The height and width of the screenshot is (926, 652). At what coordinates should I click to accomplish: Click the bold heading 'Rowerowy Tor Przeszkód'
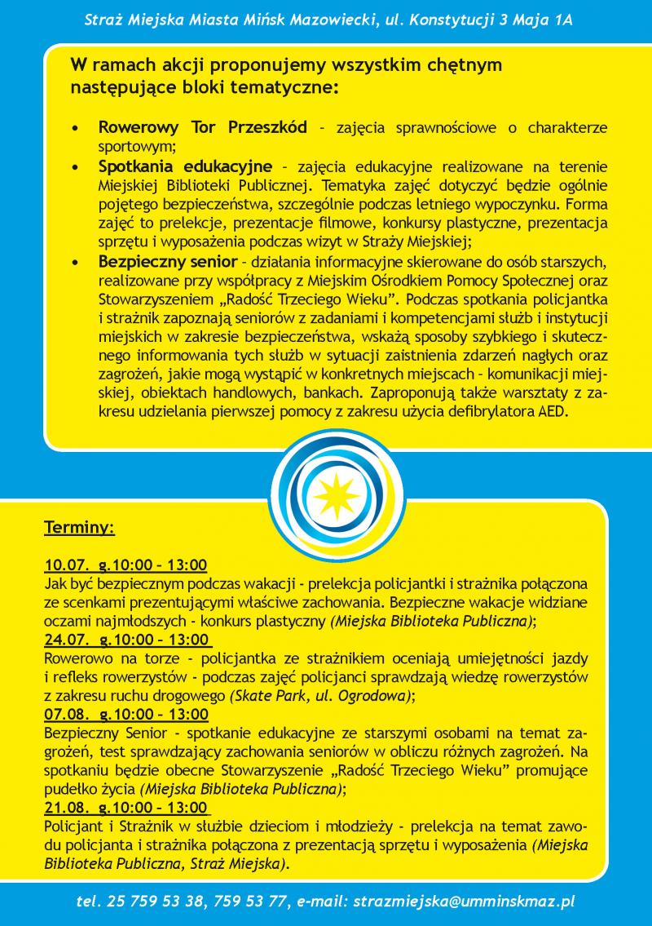[202, 128]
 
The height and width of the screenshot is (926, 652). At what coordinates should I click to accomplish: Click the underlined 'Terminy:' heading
[79, 528]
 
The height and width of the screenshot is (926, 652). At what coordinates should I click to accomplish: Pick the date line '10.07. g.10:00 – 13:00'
[126, 565]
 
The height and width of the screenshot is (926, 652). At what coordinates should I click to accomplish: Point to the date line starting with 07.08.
[126, 715]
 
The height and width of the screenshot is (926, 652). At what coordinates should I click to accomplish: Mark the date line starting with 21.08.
[126, 807]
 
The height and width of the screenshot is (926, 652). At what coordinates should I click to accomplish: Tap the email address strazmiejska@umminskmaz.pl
[462, 902]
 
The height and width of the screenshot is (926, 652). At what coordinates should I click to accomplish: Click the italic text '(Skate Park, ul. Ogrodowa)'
[321, 696]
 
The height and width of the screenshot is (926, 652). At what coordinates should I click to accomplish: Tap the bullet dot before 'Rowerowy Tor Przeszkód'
[75, 129]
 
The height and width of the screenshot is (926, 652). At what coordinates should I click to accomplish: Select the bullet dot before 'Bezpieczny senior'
[75, 262]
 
